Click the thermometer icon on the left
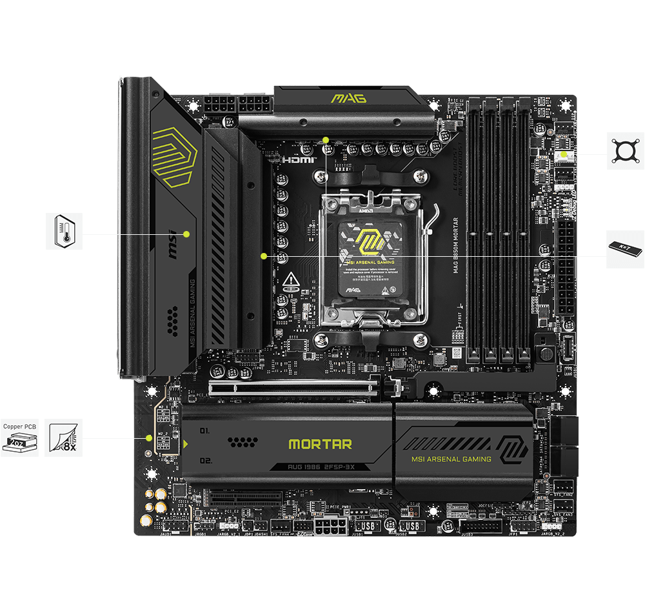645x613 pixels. (x=64, y=231)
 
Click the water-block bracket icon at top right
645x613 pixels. (x=625, y=151)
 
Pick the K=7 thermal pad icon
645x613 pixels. (x=625, y=249)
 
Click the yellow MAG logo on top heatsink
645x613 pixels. (x=348, y=98)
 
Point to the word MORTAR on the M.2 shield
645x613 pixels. (x=320, y=444)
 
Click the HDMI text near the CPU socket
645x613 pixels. (x=297, y=159)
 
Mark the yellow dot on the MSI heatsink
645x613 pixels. (x=186, y=234)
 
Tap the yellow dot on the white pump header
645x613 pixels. (x=566, y=154)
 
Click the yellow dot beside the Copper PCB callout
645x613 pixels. (x=149, y=438)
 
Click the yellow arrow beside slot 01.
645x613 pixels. (x=186, y=444)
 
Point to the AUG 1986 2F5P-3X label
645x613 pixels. (x=320, y=467)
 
